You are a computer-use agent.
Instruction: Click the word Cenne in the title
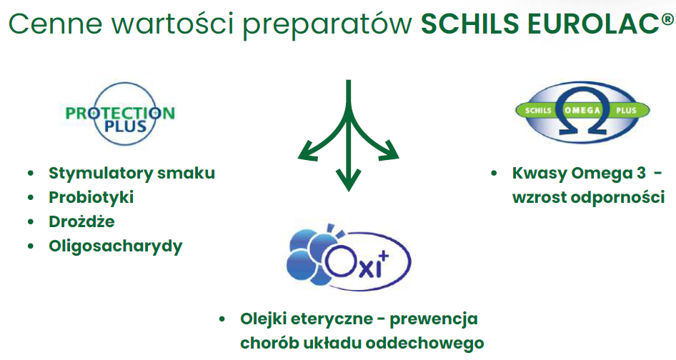point(56,24)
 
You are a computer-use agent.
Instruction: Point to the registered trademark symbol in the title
point(667,19)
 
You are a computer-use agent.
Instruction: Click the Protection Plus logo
point(120,113)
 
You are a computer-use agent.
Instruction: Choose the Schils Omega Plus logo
point(582,111)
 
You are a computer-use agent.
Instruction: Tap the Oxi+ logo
point(348,257)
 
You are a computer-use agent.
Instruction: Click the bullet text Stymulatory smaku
point(131,173)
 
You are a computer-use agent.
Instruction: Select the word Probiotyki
point(91,197)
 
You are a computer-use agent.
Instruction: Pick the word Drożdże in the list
point(81,221)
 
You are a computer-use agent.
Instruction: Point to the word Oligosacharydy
point(116,246)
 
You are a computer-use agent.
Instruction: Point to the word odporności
point(618,197)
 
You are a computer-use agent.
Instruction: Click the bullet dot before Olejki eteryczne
point(222,319)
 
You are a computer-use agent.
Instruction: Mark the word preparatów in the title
point(328,24)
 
